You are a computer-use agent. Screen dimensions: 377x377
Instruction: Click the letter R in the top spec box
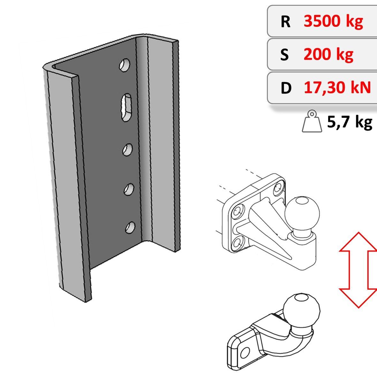tap(285, 22)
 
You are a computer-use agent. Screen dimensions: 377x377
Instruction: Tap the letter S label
tap(284, 55)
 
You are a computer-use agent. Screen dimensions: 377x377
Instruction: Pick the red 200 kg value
tap(328, 55)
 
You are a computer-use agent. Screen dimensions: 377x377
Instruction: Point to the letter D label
tap(286, 88)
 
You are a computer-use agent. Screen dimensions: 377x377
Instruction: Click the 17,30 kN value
tap(337, 87)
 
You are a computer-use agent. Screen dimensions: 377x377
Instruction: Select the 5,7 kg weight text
tap(350, 122)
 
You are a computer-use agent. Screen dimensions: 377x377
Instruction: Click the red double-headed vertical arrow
tap(358, 270)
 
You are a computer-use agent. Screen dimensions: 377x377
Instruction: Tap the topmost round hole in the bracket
tap(125, 65)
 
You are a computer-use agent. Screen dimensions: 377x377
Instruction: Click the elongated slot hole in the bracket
tap(126, 107)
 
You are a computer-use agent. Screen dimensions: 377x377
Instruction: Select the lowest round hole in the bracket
tap(130, 228)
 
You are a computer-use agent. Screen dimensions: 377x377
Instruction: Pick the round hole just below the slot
tap(127, 150)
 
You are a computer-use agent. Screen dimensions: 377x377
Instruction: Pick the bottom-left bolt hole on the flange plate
tap(238, 244)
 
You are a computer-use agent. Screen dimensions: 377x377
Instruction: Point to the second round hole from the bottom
tap(129, 189)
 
